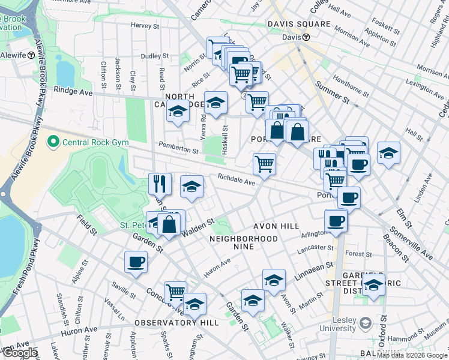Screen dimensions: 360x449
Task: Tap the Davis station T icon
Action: coord(306,37)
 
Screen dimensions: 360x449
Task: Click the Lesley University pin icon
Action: coord(364,325)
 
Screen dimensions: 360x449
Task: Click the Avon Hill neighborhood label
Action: coord(276,226)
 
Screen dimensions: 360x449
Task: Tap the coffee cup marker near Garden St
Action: coord(136,262)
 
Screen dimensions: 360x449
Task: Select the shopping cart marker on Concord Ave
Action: coord(175,292)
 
